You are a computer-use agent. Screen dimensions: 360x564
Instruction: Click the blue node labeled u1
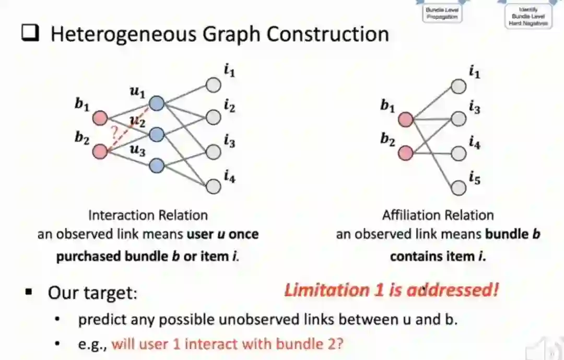tap(156, 103)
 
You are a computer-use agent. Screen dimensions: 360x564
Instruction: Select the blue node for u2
tap(156, 135)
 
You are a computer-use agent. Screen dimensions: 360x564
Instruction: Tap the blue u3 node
tap(156, 166)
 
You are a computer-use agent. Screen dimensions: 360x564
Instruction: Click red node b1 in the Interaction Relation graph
tap(100, 119)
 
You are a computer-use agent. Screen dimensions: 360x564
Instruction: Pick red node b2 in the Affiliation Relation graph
tap(405, 153)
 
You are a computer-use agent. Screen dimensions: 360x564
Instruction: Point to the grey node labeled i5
tap(459, 187)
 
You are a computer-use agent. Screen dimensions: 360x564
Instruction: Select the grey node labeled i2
tap(213, 117)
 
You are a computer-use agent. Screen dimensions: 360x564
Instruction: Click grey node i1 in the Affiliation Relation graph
tap(459, 87)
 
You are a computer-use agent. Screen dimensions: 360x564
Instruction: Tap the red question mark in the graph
tap(115, 132)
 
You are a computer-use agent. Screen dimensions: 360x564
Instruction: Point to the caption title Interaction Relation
tap(148, 215)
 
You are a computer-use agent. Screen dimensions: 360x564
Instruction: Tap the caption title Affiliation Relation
tap(438, 215)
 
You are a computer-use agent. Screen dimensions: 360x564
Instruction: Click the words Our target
tap(92, 293)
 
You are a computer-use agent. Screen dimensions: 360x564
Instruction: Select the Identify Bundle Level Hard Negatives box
tap(528, 16)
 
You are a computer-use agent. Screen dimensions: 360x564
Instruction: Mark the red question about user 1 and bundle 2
tap(228, 344)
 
